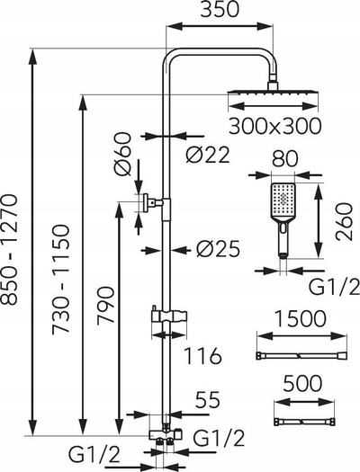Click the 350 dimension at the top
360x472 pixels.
[220, 10]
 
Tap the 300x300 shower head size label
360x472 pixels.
[274, 126]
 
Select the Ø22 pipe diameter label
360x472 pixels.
[208, 155]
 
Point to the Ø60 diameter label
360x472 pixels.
[123, 154]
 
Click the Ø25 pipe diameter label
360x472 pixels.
[219, 249]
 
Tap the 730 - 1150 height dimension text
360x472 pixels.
[61, 279]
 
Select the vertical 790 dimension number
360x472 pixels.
[105, 305]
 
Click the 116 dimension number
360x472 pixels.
[202, 355]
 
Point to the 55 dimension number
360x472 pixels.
[208, 400]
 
